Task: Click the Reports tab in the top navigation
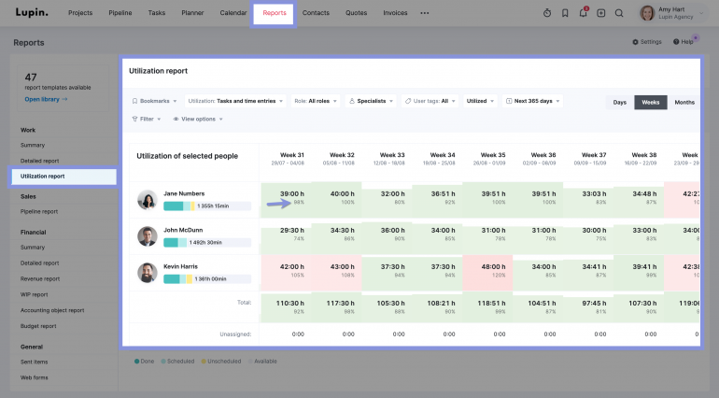point(275,13)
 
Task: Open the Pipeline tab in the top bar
point(120,13)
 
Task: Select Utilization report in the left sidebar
point(63,176)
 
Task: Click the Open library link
point(46,98)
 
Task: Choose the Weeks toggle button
point(650,102)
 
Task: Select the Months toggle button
point(684,102)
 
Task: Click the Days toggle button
point(619,102)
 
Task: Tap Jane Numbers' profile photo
point(147,199)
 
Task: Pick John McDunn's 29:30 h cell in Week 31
point(292,234)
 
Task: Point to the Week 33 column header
point(392,158)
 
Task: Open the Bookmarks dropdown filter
point(154,101)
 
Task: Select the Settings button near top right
point(647,42)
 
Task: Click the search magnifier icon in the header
point(618,13)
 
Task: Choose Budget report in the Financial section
point(39,326)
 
